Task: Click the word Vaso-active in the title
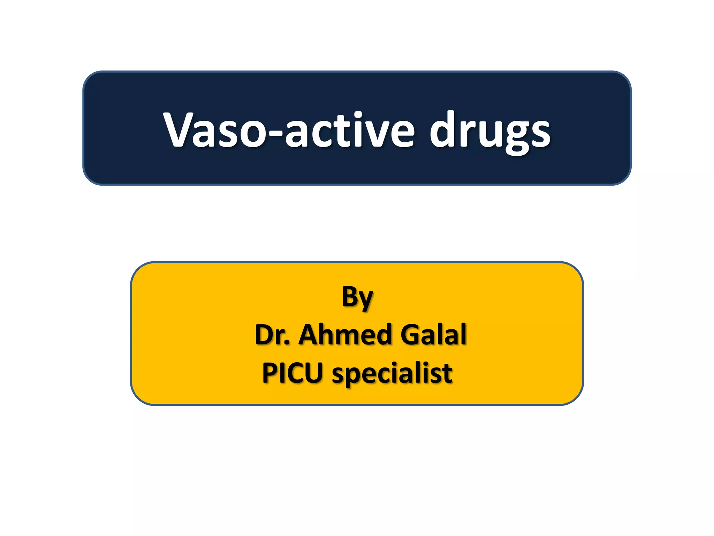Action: [289, 130]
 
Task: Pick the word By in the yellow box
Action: [357, 297]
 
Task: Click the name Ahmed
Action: [345, 334]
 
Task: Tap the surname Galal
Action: [433, 334]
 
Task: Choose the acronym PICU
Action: [292, 373]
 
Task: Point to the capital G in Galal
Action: [411, 335]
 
